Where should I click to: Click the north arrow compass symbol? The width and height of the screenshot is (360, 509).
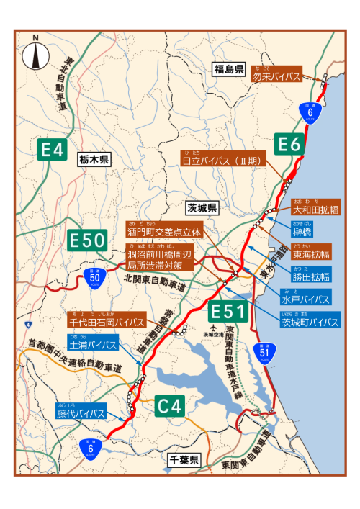click(35, 56)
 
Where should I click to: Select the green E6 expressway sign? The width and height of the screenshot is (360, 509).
click(289, 145)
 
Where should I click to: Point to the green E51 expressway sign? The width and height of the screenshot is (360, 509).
click(229, 312)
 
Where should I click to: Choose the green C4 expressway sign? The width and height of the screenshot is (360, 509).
click(171, 406)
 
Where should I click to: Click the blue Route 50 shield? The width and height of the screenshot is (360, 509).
click(94, 276)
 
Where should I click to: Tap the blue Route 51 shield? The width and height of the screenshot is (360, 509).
click(264, 353)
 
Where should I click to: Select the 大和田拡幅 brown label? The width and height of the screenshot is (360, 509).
click(312, 211)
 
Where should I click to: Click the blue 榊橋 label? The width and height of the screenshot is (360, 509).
click(301, 233)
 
